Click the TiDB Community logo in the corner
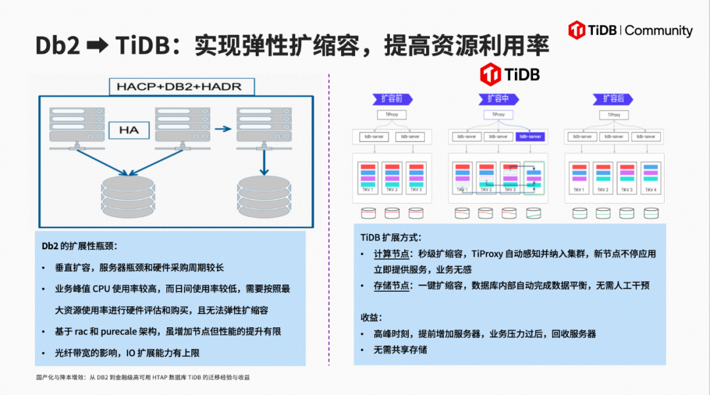tap(630, 30)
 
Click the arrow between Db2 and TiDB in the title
tap(97, 46)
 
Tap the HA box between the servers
tap(129, 129)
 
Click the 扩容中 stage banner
tap(498, 99)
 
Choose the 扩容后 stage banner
tap(613, 99)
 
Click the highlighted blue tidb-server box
tap(531, 137)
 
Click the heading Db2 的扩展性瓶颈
tap(79, 246)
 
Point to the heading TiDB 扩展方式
tap(390, 237)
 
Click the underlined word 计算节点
tap(393, 254)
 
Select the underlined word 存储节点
tap(393, 286)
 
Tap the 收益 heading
tap(371, 317)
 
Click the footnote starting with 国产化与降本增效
tap(143, 377)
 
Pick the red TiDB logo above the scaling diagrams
tap(510, 74)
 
